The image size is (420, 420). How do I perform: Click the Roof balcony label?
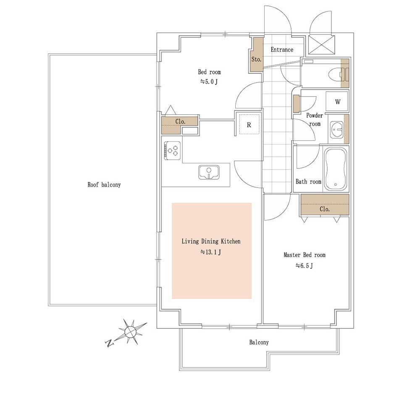pyautogui.click(x=104, y=184)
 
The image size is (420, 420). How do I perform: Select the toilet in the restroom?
pyautogui.click(x=339, y=74)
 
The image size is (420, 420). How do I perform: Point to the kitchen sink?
pyautogui.click(x=209, y=172)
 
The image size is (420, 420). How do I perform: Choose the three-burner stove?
pyautogui.click(x=173, y=150)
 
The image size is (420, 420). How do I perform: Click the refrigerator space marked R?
pyautogui.click(x=249, y=125)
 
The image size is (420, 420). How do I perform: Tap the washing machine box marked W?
pyautogui.click(x=337, y=102)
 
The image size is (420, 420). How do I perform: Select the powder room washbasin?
pyautogui.click(x=336, y=130)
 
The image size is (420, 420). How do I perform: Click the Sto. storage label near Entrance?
pyautogui.click(x=256, y=59)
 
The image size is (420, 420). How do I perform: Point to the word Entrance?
pyautogui.click(x=282, y=50)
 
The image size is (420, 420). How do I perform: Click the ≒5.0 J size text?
pyautogui.click(x=209, y=82)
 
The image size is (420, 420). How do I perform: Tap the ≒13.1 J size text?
pyautogui.click(x=210, y=252)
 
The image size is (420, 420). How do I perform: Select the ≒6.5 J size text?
pyautogui.click(x=304, y=266)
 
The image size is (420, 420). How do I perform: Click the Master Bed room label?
pyautogui.click(x=304, y=255)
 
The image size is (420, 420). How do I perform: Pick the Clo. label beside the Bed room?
pyautogui.click(x=180, y=121)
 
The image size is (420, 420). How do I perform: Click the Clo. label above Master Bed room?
pyautogui.click(x=325, y=209)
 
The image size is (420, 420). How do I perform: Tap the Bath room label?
pyautogui.click(x=308, y=181)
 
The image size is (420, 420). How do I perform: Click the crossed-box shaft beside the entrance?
pyautogui.click(x=321, y=45)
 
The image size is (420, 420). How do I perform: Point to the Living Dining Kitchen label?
pyautogui.click(x=211, y=241)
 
